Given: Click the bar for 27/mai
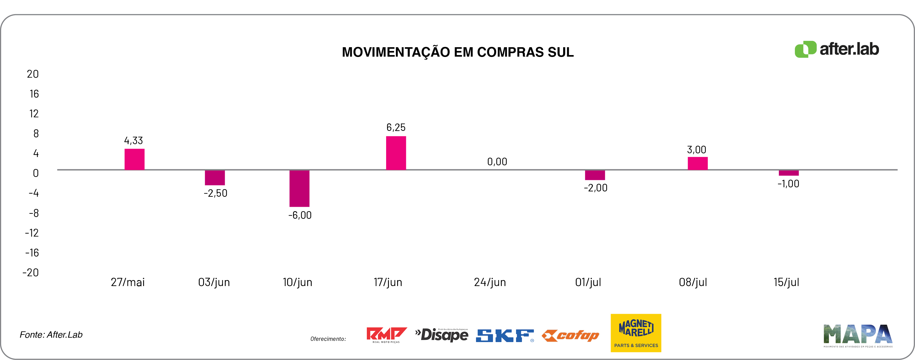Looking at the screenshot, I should (x=134, y=159).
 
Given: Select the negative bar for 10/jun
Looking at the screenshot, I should (x=299, y=188).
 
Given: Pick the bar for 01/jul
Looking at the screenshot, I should (x=595, y=175).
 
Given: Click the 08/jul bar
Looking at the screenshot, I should (x=697, y=163).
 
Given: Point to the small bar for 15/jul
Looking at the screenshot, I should (x=789, y=173).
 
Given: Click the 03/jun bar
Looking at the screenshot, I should (x=214, y=178).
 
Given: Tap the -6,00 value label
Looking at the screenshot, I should (x=300, y=215).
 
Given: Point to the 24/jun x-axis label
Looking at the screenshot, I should (x=490, y=282).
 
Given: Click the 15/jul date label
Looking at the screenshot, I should (x=786, y=282).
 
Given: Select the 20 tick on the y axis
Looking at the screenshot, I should (x=33, y=74).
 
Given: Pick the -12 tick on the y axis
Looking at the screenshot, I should (x=32, y=233).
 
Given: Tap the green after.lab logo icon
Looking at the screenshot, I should (x=805, y=49).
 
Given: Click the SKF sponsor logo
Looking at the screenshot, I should (x=504, y=335).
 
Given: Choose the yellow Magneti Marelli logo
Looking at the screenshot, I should (x=635, y=333).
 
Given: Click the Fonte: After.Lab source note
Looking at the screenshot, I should (x=51, y=335).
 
